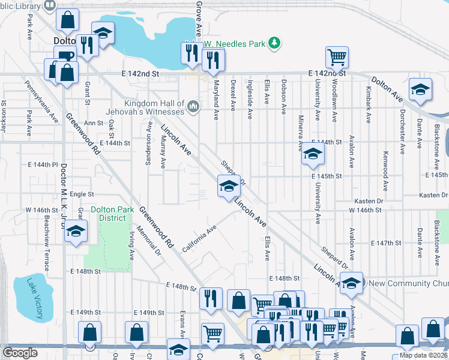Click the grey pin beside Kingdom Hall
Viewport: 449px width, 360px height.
(x=193, y=107)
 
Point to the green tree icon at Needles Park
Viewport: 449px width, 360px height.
(x=274, y=43)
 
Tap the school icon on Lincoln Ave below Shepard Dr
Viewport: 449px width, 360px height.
(x=228, y=187)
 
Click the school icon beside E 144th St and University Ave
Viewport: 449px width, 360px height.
(x=312, y=154)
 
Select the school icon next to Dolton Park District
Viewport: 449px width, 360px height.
(x=76, y=231)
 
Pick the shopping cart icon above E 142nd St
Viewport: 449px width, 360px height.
(x=337, y=58)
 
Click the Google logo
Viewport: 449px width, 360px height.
(x=20, y=353)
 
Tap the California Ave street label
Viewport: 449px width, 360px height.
(x=199, y=239)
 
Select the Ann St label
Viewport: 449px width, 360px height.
(x=94, y=123)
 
